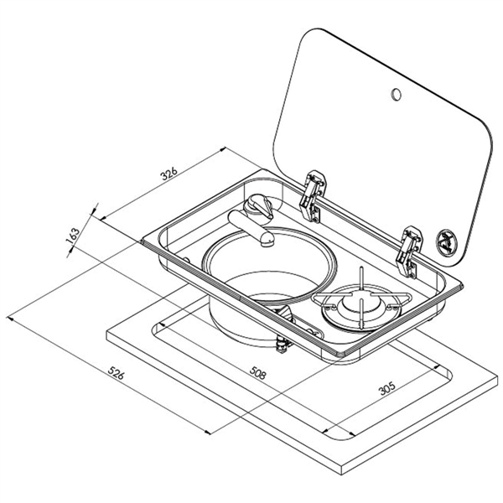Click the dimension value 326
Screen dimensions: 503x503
point(169,174)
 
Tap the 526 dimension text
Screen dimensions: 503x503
point(116,373)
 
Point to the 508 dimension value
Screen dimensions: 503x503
point(257,373)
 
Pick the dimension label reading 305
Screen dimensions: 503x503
point(387,388)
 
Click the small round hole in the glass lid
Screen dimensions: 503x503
point(396,94)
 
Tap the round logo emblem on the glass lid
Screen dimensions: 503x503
point(446,240)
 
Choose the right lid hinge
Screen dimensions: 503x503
point(409,251)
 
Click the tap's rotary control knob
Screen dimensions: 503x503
point(258,206)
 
